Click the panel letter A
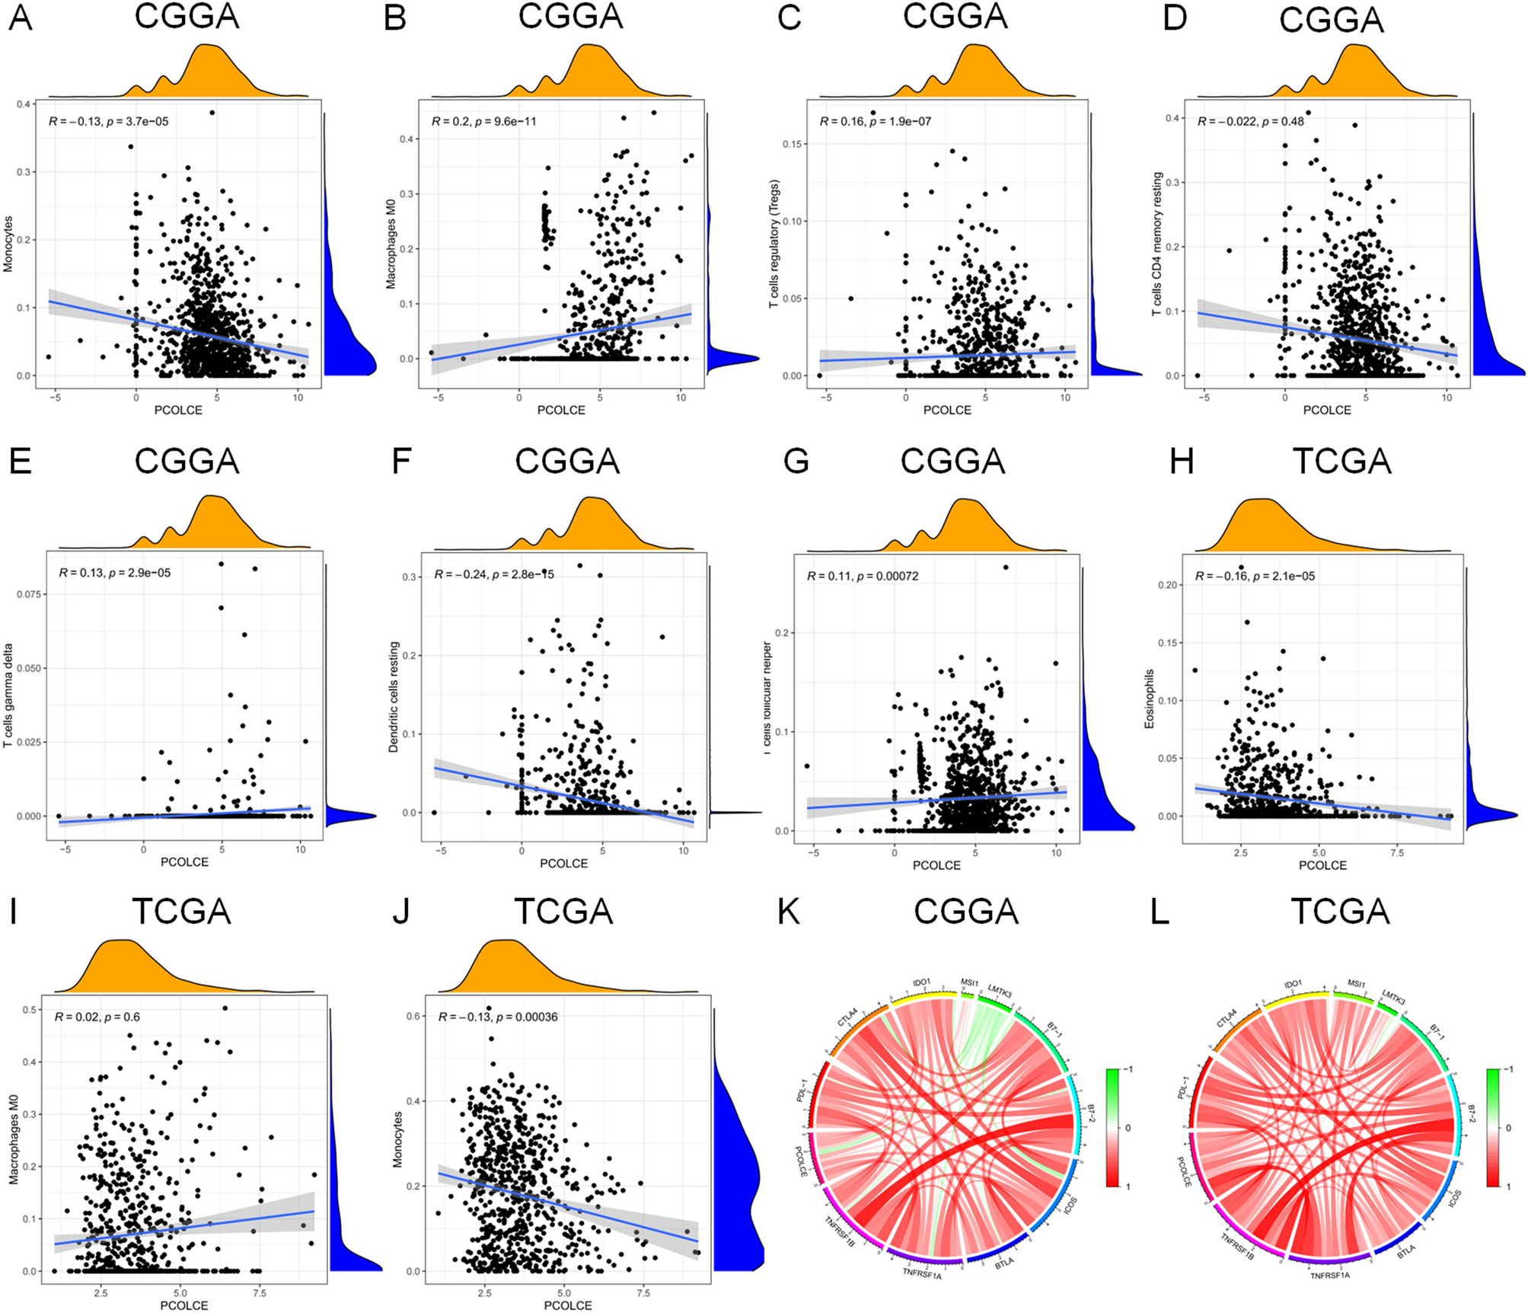[21, 17]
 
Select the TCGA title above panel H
[1341, 462]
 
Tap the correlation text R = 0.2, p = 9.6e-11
[483, 121]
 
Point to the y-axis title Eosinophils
[1150, 698]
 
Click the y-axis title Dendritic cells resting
[394, 697]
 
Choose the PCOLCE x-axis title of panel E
[184, 862]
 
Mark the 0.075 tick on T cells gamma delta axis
[29, 594]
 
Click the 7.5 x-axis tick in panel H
[1397, 853]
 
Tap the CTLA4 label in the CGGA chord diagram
[847, 1017]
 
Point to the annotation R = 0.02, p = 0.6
[97, 1017]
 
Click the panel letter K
[788, 912]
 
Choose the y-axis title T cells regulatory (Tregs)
[774, 244]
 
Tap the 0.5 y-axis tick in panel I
[31, 1010]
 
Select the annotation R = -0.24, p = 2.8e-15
[494, 574]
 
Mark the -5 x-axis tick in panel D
[1204, 398]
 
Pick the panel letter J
[400, 912]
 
